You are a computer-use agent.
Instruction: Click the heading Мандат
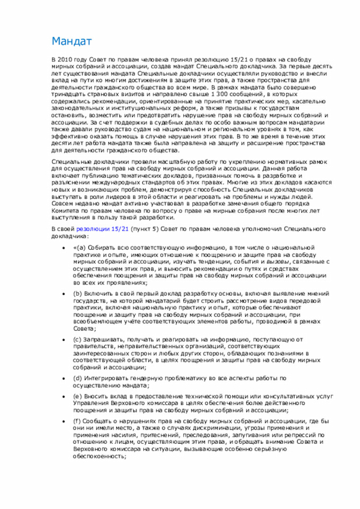point(71,42)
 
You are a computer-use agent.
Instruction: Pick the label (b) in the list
point(79,293)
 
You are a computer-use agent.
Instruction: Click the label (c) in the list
point(79,339)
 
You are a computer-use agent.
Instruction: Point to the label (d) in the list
point(79,378)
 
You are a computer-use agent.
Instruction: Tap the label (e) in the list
point(79,396)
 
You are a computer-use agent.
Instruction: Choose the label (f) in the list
point(79,421)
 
